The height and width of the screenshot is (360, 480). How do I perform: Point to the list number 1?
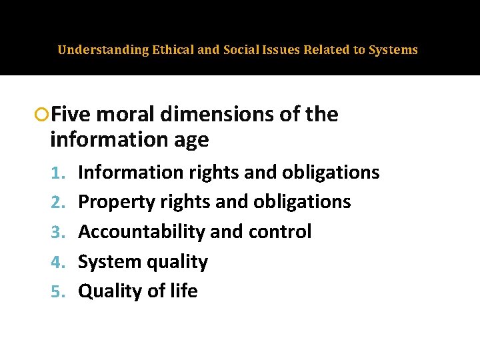[x=58, y=173]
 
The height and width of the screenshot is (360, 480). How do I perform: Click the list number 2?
[x=58, y=202]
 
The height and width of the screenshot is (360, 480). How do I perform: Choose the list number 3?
[x=58, y=232]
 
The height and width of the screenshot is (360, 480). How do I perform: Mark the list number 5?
[x=58, y=291]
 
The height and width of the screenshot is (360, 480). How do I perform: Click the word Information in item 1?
[x=131, y=173]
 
